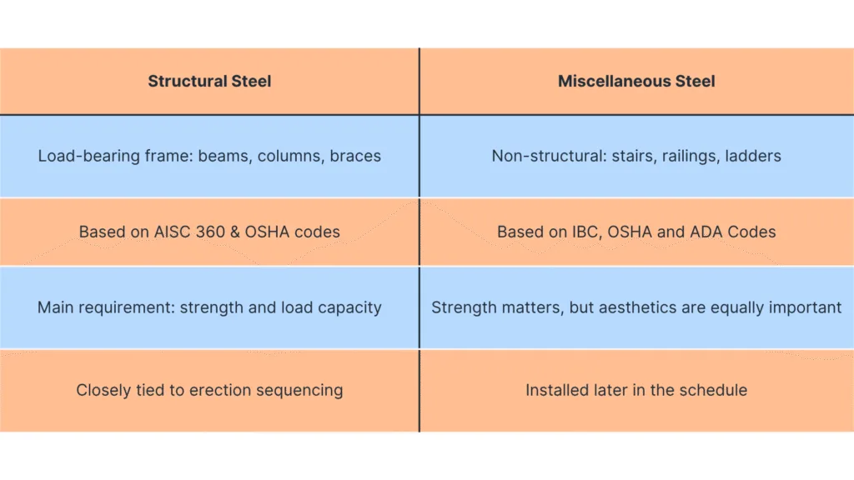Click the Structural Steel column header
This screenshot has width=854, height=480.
[209, 82]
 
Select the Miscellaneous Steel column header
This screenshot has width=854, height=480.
[636, 82]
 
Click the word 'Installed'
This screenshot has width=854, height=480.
[555, 390]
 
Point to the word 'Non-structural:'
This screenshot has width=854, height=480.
[545, 156]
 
